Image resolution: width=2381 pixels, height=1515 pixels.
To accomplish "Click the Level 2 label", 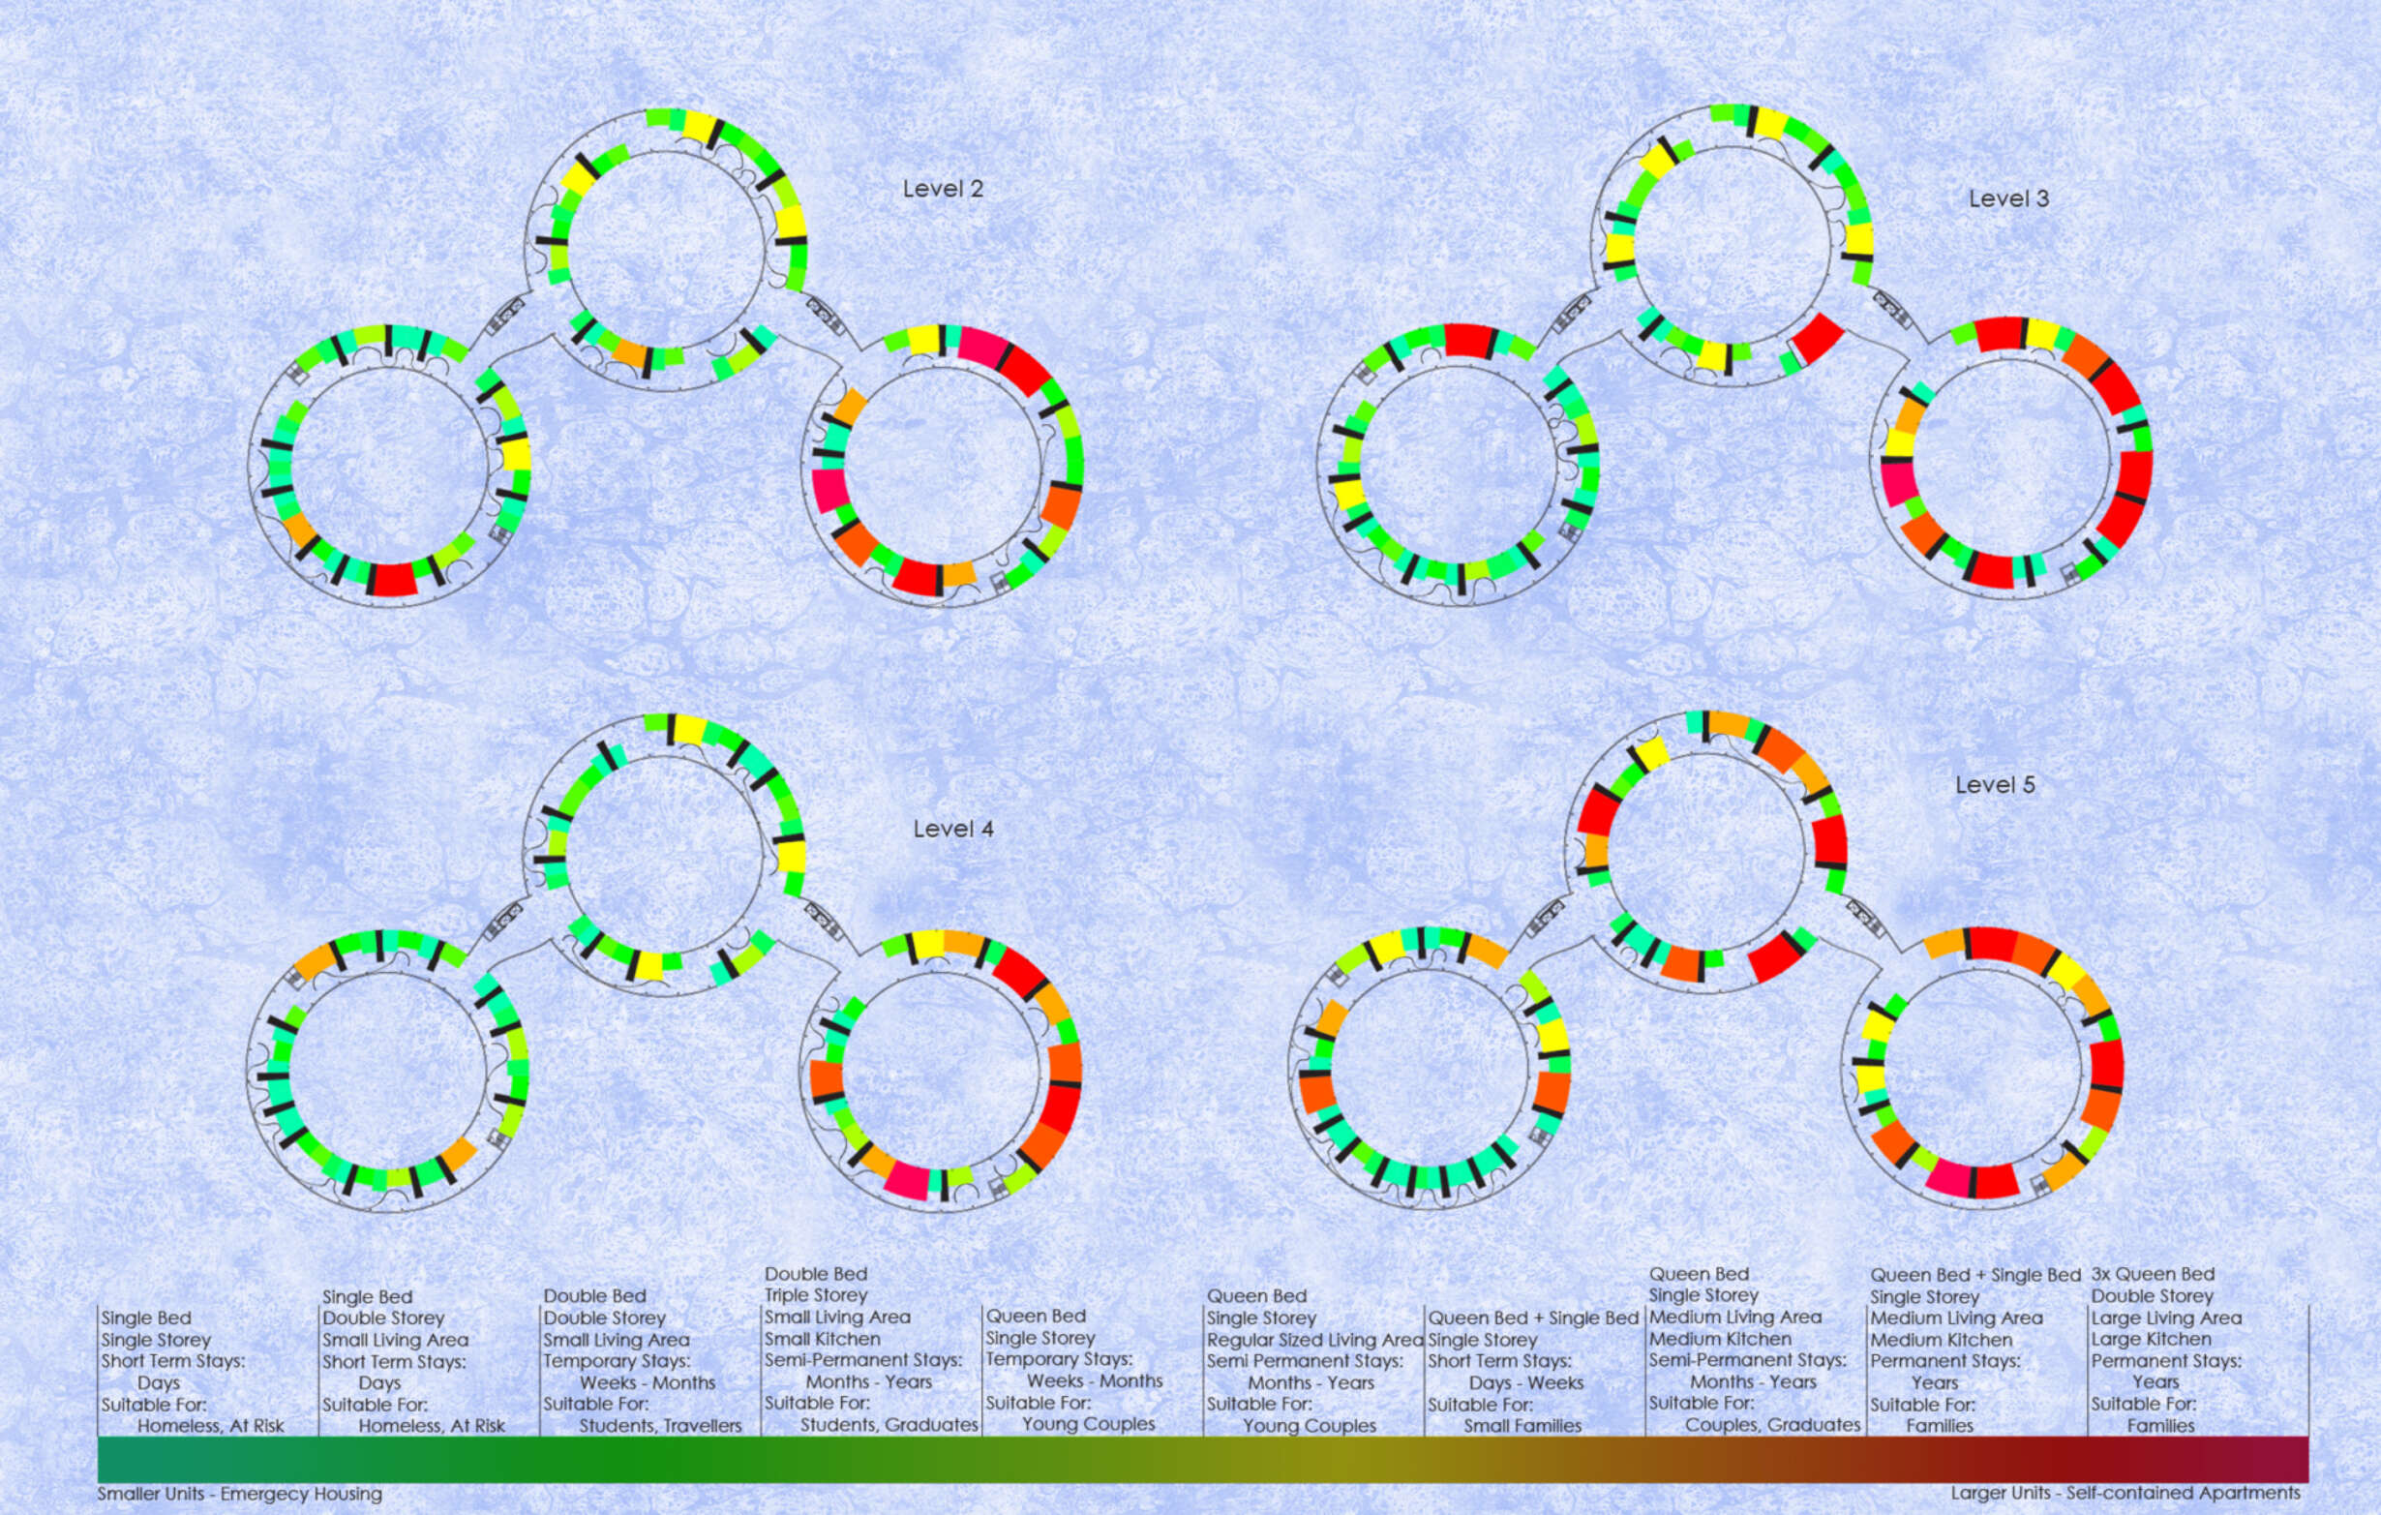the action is tap(943, 189).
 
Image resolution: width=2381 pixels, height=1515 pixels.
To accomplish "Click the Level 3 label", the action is tap(2008, 198).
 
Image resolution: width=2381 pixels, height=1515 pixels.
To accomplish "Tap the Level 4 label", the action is tap(952, 829).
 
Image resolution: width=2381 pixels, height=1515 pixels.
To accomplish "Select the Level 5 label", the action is tap(1995, 785).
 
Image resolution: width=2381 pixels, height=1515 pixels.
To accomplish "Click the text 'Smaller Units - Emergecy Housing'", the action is tap(239, 1494).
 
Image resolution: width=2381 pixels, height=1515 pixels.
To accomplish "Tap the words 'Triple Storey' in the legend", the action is tap(816, 1295).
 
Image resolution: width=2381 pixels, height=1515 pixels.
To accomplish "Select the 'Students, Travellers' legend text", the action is tap(660, 1426).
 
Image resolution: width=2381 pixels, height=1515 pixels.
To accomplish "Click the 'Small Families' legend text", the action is tap(1522, 1426).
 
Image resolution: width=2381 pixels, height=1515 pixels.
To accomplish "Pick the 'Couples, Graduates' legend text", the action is tap(1773, 1425).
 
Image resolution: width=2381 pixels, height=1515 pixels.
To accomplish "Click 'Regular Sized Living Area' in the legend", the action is tap(1315, 1340).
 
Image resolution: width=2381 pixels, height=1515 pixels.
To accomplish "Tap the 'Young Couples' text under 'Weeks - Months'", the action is tap(1089, 1424).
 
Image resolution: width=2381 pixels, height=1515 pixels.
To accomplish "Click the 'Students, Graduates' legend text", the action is tap(889, 1425).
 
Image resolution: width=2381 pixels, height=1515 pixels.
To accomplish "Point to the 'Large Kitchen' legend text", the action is tap(2151, 1339).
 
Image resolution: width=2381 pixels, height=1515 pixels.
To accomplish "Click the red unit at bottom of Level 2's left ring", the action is tap(395, 579).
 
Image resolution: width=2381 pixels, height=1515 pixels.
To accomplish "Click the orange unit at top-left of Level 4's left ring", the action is tap(316, 961).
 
